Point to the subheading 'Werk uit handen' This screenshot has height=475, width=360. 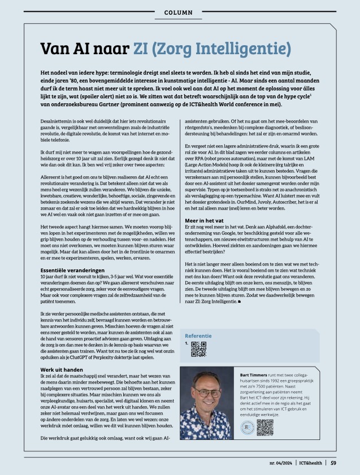tap(62, 369)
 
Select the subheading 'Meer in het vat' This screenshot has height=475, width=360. tap(207, 220)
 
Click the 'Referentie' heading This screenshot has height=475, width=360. tap(202, 335)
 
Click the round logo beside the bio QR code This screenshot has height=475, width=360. tap(248, 428)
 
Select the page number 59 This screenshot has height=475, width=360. tap(334, 464)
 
